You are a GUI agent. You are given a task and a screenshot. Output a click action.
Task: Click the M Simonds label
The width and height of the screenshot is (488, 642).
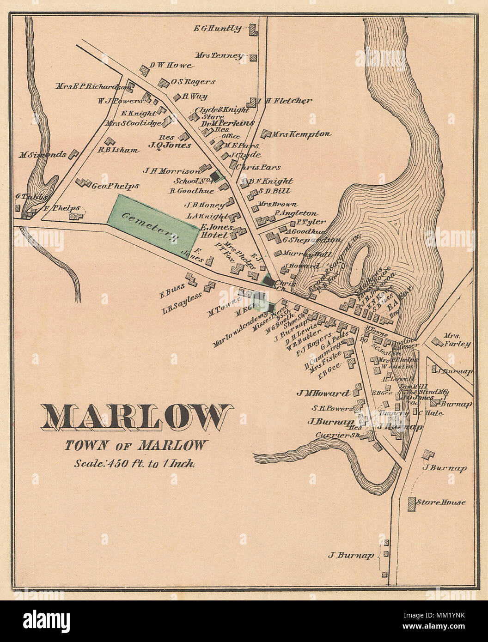tap(43, 155)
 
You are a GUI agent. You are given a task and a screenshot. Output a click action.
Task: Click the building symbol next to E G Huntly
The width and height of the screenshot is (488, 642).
tap(253, 30)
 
